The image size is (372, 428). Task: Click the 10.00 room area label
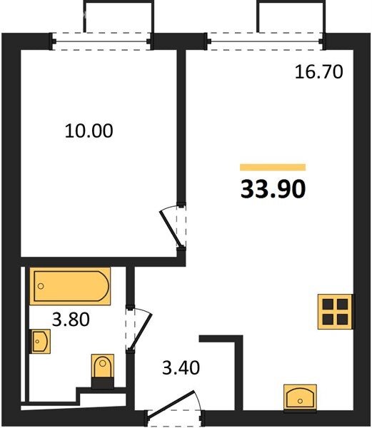pyautogui.click(x=89, y=131)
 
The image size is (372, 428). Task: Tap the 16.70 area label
pyautogui.click(x=318, y=72)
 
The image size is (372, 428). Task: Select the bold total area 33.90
pyautogui.click(x=273, y=189)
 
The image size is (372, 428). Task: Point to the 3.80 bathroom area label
pyautogui.click(x=71, y=320)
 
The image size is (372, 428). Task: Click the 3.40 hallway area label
pyautogui.click(x=181, y=367)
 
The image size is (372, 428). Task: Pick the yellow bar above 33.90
pyautogui.click(x=273, y=167)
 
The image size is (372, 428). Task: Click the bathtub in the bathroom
pyautogui.click(x=70, y=286)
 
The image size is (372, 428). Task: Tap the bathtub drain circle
pyautogui.click(x=41, y=286)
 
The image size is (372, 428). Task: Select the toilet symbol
pyautogui.click(x=103, y=371)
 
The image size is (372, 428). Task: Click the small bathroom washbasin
pyautogui.click(x=40, y=341)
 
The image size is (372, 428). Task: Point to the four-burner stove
pyautogui.click(x=335, y=312)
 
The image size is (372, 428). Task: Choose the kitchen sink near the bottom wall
pyautogui.click(x=300, y=397)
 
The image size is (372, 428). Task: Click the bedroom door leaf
pyautogui.click(x=170, y=229)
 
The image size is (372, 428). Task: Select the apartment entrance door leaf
pyautogui.click(x=171, y=404)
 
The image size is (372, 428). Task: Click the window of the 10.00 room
pyautogui.click(x=101, y=41)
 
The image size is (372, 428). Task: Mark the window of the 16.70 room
pyautogui.click(x=265, y=41)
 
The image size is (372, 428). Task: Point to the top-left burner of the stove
pyautogui.click(x=328, y=305)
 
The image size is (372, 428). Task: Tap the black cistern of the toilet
pyautogui.click(x=103, y=383)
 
